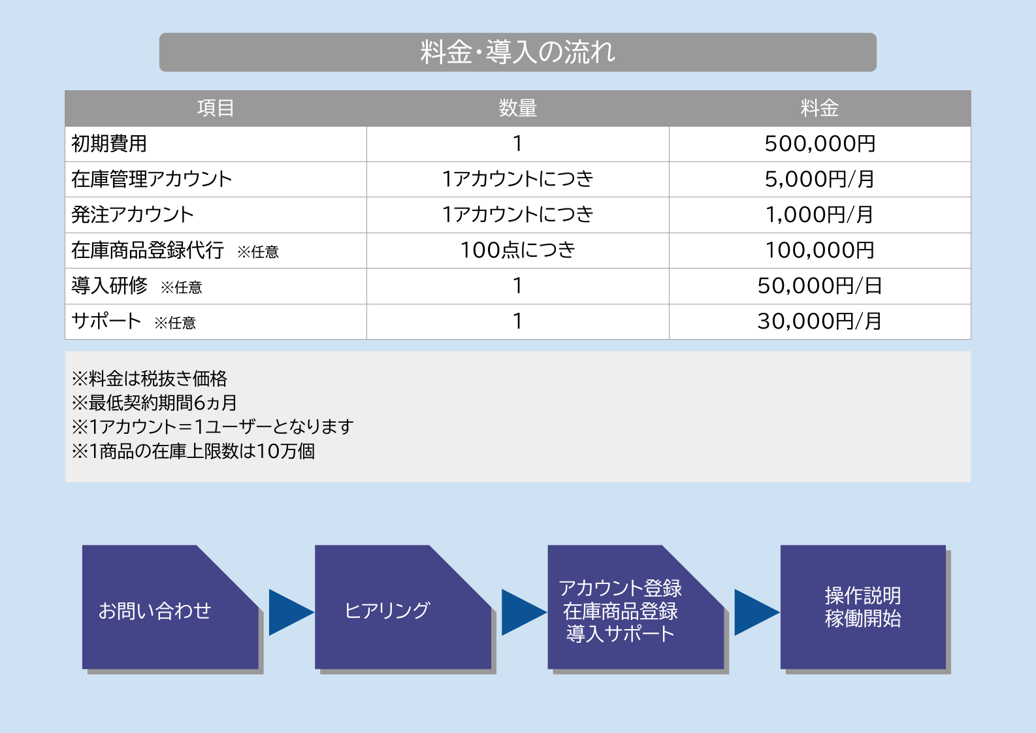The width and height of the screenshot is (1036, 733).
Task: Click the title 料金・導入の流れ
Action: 517,52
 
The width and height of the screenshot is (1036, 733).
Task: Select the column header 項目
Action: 216,108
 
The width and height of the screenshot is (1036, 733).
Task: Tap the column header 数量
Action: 517,108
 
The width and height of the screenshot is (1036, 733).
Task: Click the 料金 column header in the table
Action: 819,108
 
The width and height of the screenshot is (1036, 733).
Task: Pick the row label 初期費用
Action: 109,144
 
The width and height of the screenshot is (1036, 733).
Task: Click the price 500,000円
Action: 819,144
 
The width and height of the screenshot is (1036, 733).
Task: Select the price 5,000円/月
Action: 819,179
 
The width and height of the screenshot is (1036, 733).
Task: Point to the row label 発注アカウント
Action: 133,214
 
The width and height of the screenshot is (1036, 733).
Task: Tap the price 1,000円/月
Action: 819,214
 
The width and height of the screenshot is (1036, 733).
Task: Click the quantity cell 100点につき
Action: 517,250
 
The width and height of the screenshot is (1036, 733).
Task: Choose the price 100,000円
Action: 819,250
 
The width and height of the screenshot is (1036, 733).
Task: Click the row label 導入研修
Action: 110,285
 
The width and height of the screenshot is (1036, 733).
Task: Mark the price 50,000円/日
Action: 819,285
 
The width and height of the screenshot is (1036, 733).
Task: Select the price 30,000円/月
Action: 819,321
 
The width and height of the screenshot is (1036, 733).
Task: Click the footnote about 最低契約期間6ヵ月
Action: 154,402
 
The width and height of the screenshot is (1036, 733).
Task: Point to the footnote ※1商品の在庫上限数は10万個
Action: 193,451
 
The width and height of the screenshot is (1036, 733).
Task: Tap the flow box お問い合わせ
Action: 155,611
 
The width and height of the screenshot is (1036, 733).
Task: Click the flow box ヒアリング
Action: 387,611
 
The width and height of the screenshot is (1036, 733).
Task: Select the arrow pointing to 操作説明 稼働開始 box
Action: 756,612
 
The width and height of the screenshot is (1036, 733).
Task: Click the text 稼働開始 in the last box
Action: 862,619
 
